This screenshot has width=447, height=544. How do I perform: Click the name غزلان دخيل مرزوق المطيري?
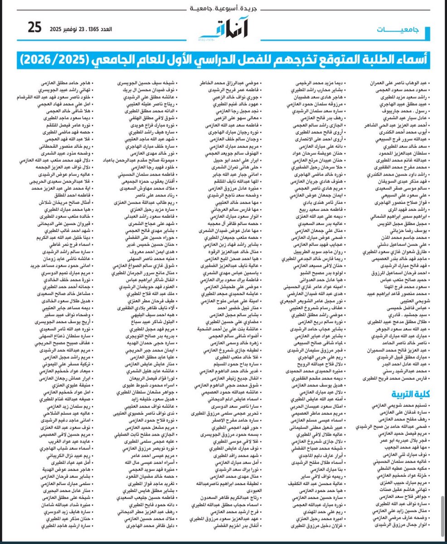(x=311, y=526)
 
